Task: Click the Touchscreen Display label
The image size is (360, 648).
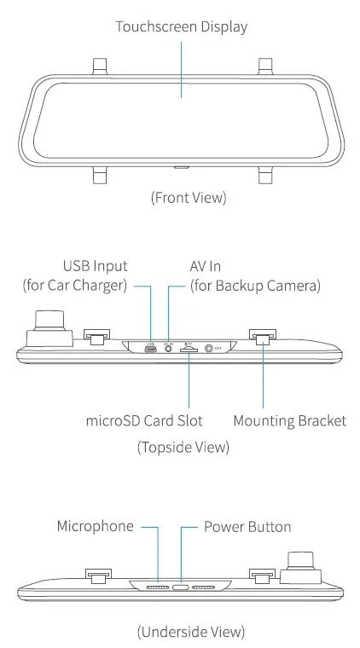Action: pyautogui.click(x=182, y=26)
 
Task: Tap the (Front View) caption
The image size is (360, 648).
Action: pyautogui.click(x=189, y=198)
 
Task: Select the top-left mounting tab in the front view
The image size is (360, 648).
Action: pyautogui.click(x=100, y=65)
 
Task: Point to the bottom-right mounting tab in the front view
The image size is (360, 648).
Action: pyautogui.click(x=265, y=175)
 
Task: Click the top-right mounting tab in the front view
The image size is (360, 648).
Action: pyautogui.click(x=265, y=65)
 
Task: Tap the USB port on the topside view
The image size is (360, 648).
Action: pyautogui.click(x=150, y=349)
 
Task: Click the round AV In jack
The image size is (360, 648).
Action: pyautogui.click(x=168, y=349)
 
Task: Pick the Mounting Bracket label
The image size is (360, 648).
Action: pyautogui.click(x=289, y=421)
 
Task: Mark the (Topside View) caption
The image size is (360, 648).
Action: pyautogui.click(x=183, y=447)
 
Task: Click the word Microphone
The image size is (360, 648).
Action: pyautogui.click(x=95, y=526)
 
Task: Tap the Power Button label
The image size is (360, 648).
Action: pyautogui.click(x=247, y=526)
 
